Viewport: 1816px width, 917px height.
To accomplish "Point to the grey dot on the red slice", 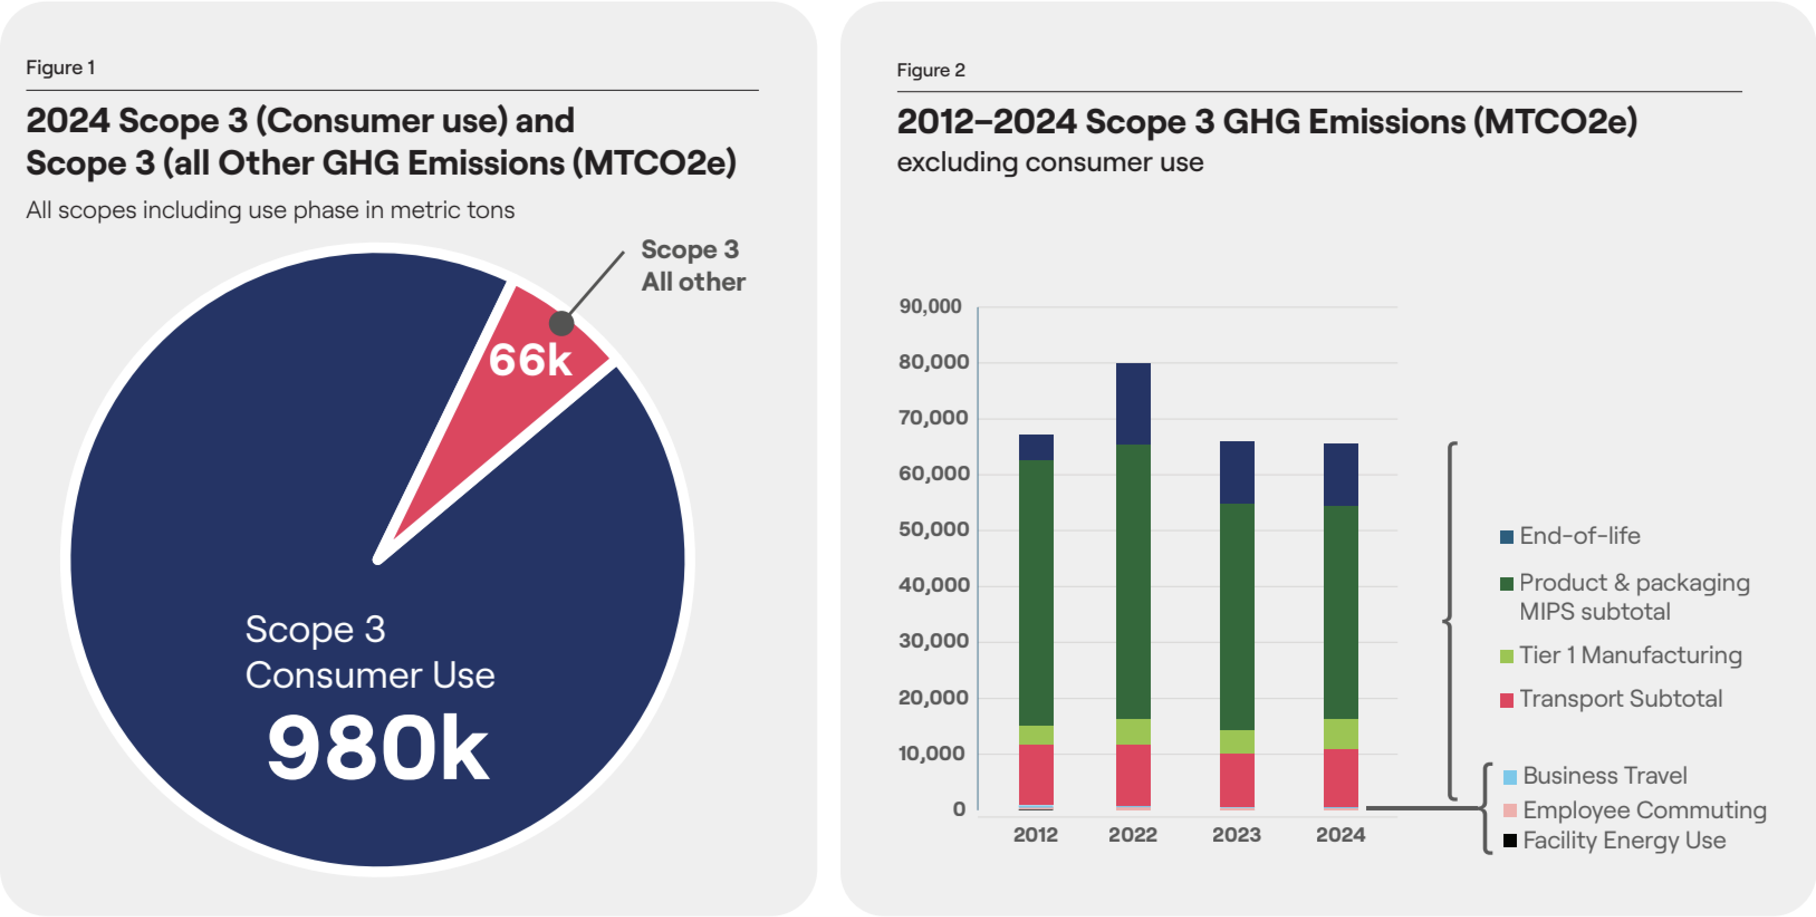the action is click(561, 324).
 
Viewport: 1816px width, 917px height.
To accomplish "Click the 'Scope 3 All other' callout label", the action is click(692, 265).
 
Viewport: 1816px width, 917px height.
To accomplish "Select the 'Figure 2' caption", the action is click(930, 70).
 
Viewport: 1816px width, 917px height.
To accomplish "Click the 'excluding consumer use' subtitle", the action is click(1050, 162).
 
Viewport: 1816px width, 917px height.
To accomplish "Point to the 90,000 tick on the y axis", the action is click(930, 306).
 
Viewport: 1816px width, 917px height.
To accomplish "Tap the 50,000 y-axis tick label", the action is click(933, 529).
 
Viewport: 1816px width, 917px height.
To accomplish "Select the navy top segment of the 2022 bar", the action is click(1133, 404).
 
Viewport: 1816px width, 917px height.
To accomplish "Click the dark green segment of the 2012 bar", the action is click(1036, 593).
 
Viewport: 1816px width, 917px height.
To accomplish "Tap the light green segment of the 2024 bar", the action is click(1341, 733).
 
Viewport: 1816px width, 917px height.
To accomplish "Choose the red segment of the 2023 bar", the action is click(1237, 780).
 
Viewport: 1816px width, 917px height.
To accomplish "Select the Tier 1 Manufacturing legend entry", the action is click(1621, 655).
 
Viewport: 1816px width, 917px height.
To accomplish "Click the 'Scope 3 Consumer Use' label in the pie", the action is click(370, 652).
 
